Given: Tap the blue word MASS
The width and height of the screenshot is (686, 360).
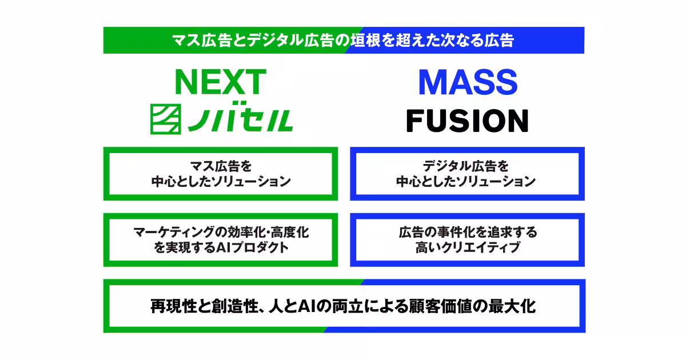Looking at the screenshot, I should tap(468, 83).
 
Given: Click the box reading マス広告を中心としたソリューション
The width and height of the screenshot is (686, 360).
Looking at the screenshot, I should tap(220, 174).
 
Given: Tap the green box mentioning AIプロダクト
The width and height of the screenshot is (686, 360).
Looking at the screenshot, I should tap(220, 240).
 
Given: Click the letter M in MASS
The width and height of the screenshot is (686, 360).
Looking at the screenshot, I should tap(432, 83).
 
